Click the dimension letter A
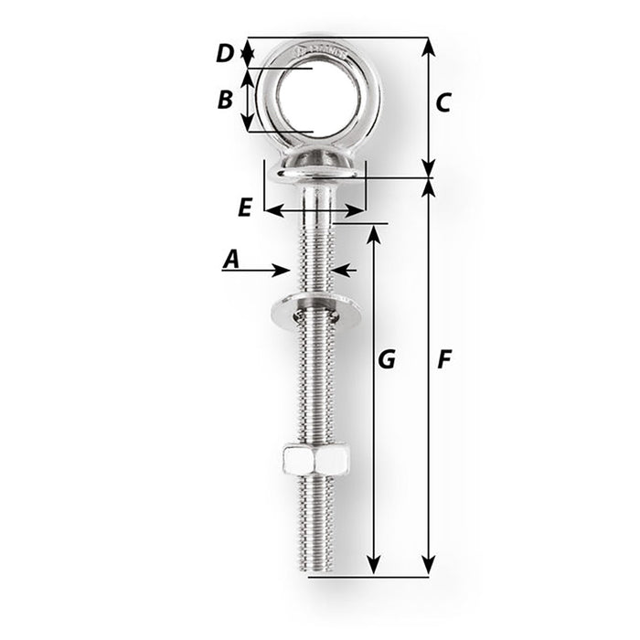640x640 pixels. (231, 261)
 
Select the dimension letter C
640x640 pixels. (442, 103)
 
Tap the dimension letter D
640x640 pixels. (226, 54)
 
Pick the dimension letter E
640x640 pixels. (244, 208)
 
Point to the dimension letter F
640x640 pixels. (443, 360)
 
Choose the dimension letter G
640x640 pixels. (387, 360)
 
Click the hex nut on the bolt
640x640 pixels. (315, 460)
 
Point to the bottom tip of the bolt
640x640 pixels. (315, 571)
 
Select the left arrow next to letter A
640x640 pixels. (281, 270)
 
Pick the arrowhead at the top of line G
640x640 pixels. (373, 233)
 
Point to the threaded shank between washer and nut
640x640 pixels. (315, 384)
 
